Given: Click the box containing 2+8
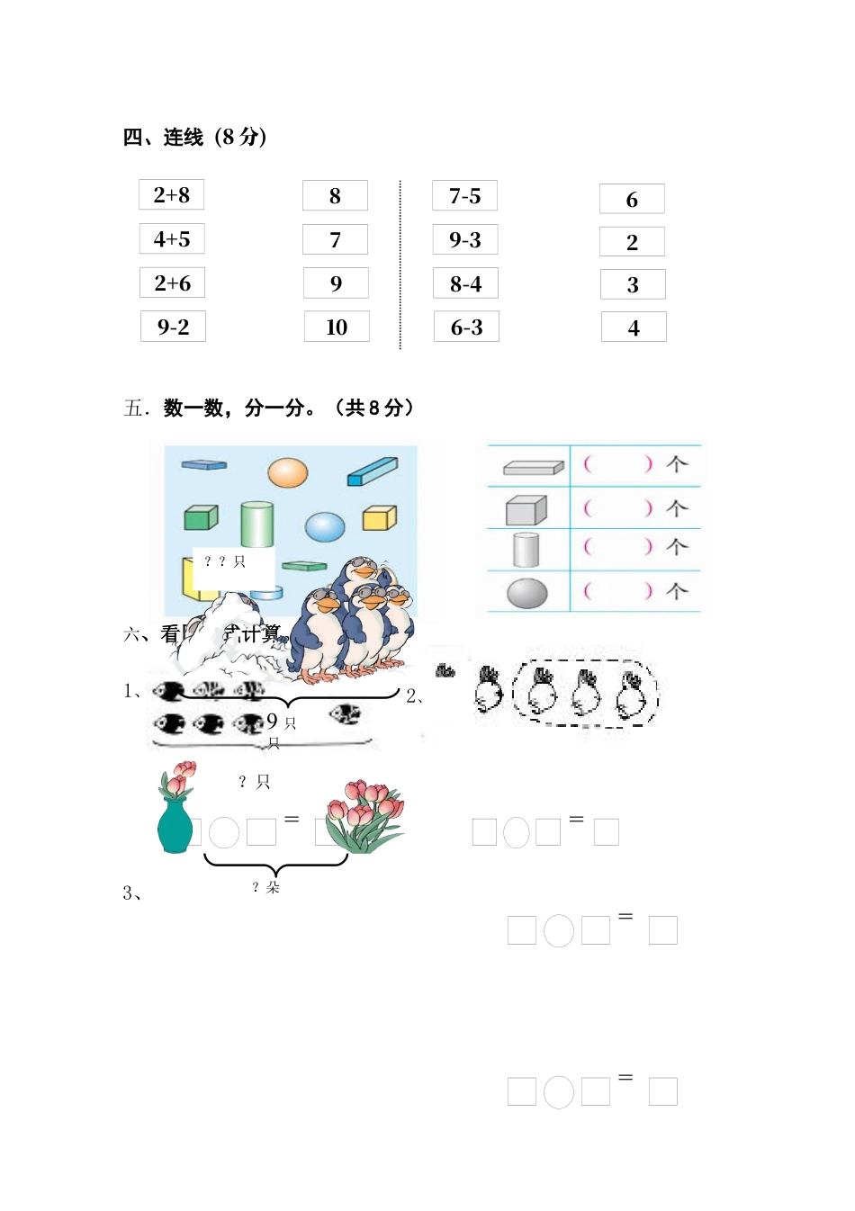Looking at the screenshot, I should point(171,195).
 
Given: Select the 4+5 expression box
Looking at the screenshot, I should point(172,239).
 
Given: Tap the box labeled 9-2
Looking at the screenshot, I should point(173,327).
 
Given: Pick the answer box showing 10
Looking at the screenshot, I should point(337,327).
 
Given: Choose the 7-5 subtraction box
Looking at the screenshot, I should point(464,196).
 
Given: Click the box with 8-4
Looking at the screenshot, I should point(465,284).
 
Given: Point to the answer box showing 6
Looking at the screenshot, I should point(632,199).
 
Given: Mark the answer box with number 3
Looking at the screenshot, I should point(633,285).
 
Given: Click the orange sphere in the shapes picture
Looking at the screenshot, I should point(288,472).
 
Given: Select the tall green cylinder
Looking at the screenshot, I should point(256,524).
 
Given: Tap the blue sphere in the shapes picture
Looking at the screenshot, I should point(325,526).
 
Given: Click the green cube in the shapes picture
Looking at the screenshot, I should point(201,517).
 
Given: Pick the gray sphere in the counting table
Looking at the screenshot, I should point(527,593).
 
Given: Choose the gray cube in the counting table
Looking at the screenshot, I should point(526,510).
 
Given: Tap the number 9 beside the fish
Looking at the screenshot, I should point(272,721).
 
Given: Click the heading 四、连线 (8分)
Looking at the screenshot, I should point(194,137).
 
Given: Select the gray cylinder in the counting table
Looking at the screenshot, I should point(526,549).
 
